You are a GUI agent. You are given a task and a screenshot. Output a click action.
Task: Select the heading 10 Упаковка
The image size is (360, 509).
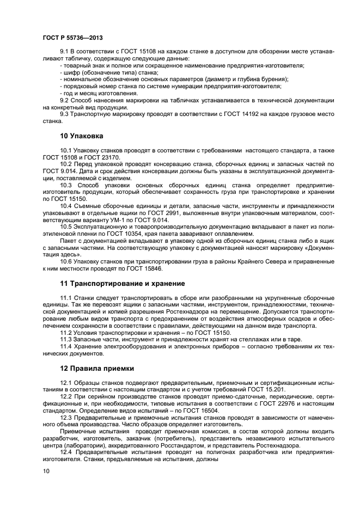(81, 135)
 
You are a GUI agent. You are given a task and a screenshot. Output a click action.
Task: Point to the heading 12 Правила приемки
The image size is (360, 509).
(97, 369)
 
